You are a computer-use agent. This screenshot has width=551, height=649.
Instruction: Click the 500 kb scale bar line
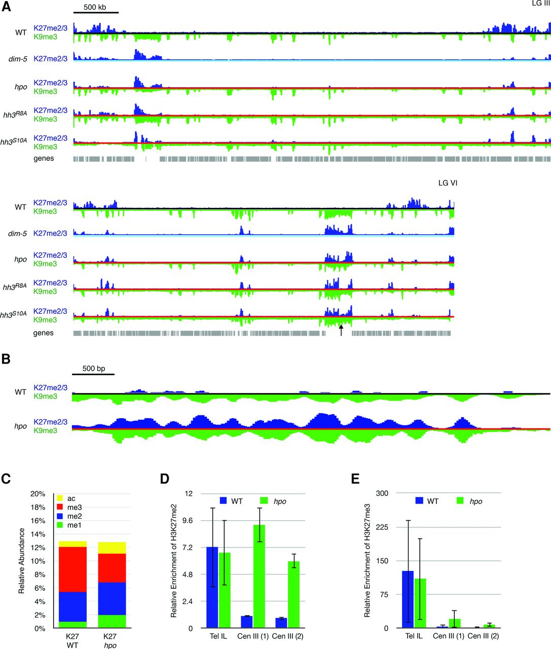coord(96,13)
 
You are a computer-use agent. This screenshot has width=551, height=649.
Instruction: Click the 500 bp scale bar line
coord(93,374)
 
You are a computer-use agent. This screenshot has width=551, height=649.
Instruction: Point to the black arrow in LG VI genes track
coord(341,330)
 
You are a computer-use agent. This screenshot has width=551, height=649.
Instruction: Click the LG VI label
coord(448,183)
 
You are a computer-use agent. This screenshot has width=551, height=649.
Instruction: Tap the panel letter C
coord(6,479)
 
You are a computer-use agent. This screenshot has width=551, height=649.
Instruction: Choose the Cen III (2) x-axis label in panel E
coord(483,636)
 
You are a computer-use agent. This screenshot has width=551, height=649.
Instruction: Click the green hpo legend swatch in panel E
coord(460,501)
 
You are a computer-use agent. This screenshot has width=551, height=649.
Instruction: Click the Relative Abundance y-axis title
coord(21,560)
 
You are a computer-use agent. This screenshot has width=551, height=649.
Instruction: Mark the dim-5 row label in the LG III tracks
coord(18,59)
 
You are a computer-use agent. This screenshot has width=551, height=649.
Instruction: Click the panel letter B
coord(6,359)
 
